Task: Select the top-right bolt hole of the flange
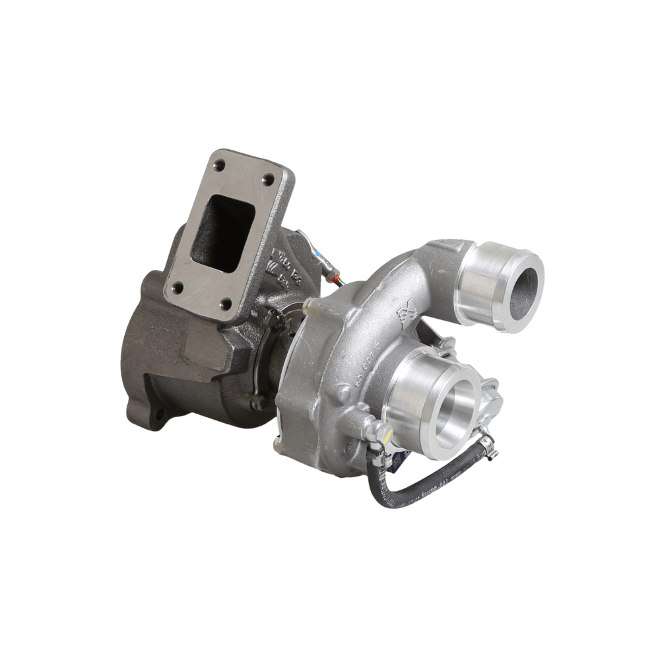pos(268,179)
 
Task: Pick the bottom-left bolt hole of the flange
pos(178,288)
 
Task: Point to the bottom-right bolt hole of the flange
pos(225,304)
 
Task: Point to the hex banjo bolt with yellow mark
pos(381,432)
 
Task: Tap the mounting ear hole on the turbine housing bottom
pos(159,415)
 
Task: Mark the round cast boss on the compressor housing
pos(341,395)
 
